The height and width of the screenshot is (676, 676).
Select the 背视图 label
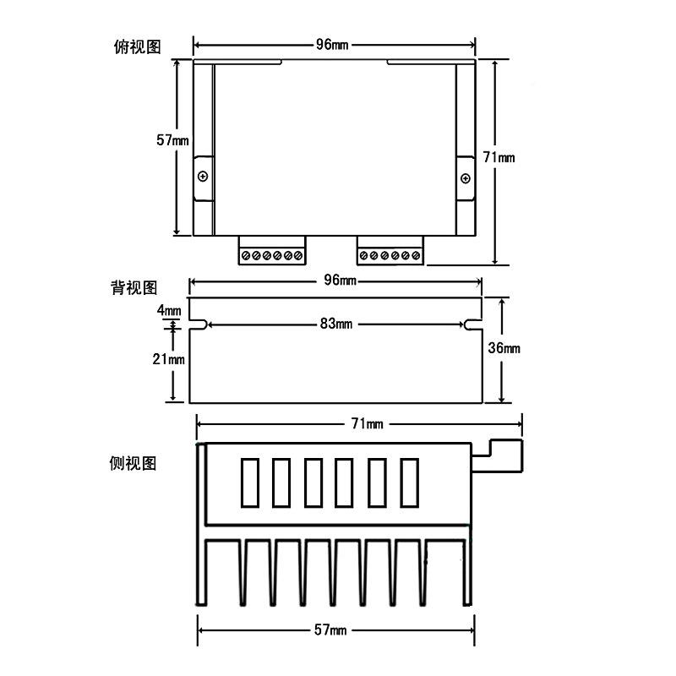point(134,287)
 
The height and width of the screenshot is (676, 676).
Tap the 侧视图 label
point(134,463)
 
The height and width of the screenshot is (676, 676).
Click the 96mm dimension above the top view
point(335,45)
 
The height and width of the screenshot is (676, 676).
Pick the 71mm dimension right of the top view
point(499,157)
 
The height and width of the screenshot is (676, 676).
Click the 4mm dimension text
point(169,310)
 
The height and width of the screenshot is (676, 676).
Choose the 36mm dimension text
point(504,348)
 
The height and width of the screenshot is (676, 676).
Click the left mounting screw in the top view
point(203,177)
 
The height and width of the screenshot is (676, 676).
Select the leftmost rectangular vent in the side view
point(250,482)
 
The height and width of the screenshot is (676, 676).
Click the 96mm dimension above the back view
point(335,281)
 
